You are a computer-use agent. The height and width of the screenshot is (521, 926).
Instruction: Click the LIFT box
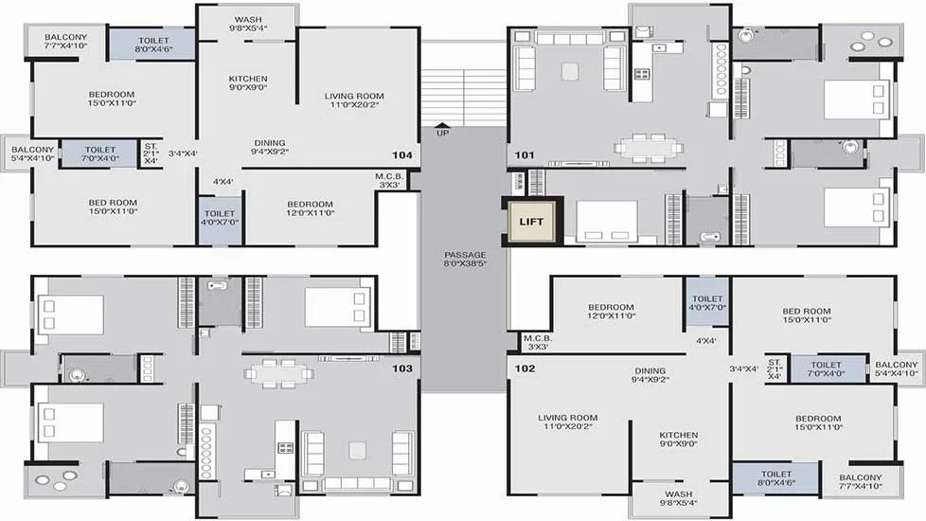pos(531,222)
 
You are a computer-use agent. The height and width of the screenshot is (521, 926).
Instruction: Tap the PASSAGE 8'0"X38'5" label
pos(465,260)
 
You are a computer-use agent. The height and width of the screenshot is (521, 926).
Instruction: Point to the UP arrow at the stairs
pos(442,125)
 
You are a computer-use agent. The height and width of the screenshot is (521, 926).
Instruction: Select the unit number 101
pos(525,154)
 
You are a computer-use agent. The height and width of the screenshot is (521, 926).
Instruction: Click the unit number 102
pos(525,368)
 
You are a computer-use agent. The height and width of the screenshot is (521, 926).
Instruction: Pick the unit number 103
pos(402,368)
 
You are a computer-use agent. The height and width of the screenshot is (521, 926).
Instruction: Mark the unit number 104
pos(402,154)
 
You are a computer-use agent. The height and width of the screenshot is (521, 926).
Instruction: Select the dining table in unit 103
pos(278,373)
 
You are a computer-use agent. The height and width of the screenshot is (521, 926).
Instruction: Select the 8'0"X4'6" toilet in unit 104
pos(153,45)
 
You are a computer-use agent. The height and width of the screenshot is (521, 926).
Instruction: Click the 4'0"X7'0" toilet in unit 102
pos(707,303)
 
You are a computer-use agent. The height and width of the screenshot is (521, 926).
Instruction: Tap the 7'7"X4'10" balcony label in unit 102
pos(861,481)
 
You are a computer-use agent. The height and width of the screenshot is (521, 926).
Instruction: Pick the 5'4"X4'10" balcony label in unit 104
pos(32,153)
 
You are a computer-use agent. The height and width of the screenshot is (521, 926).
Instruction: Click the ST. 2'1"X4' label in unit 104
pos(151,153)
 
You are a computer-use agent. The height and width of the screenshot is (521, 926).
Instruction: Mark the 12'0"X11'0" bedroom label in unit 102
pos(612,312)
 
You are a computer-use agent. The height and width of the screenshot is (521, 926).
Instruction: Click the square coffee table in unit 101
pos(570,71)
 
